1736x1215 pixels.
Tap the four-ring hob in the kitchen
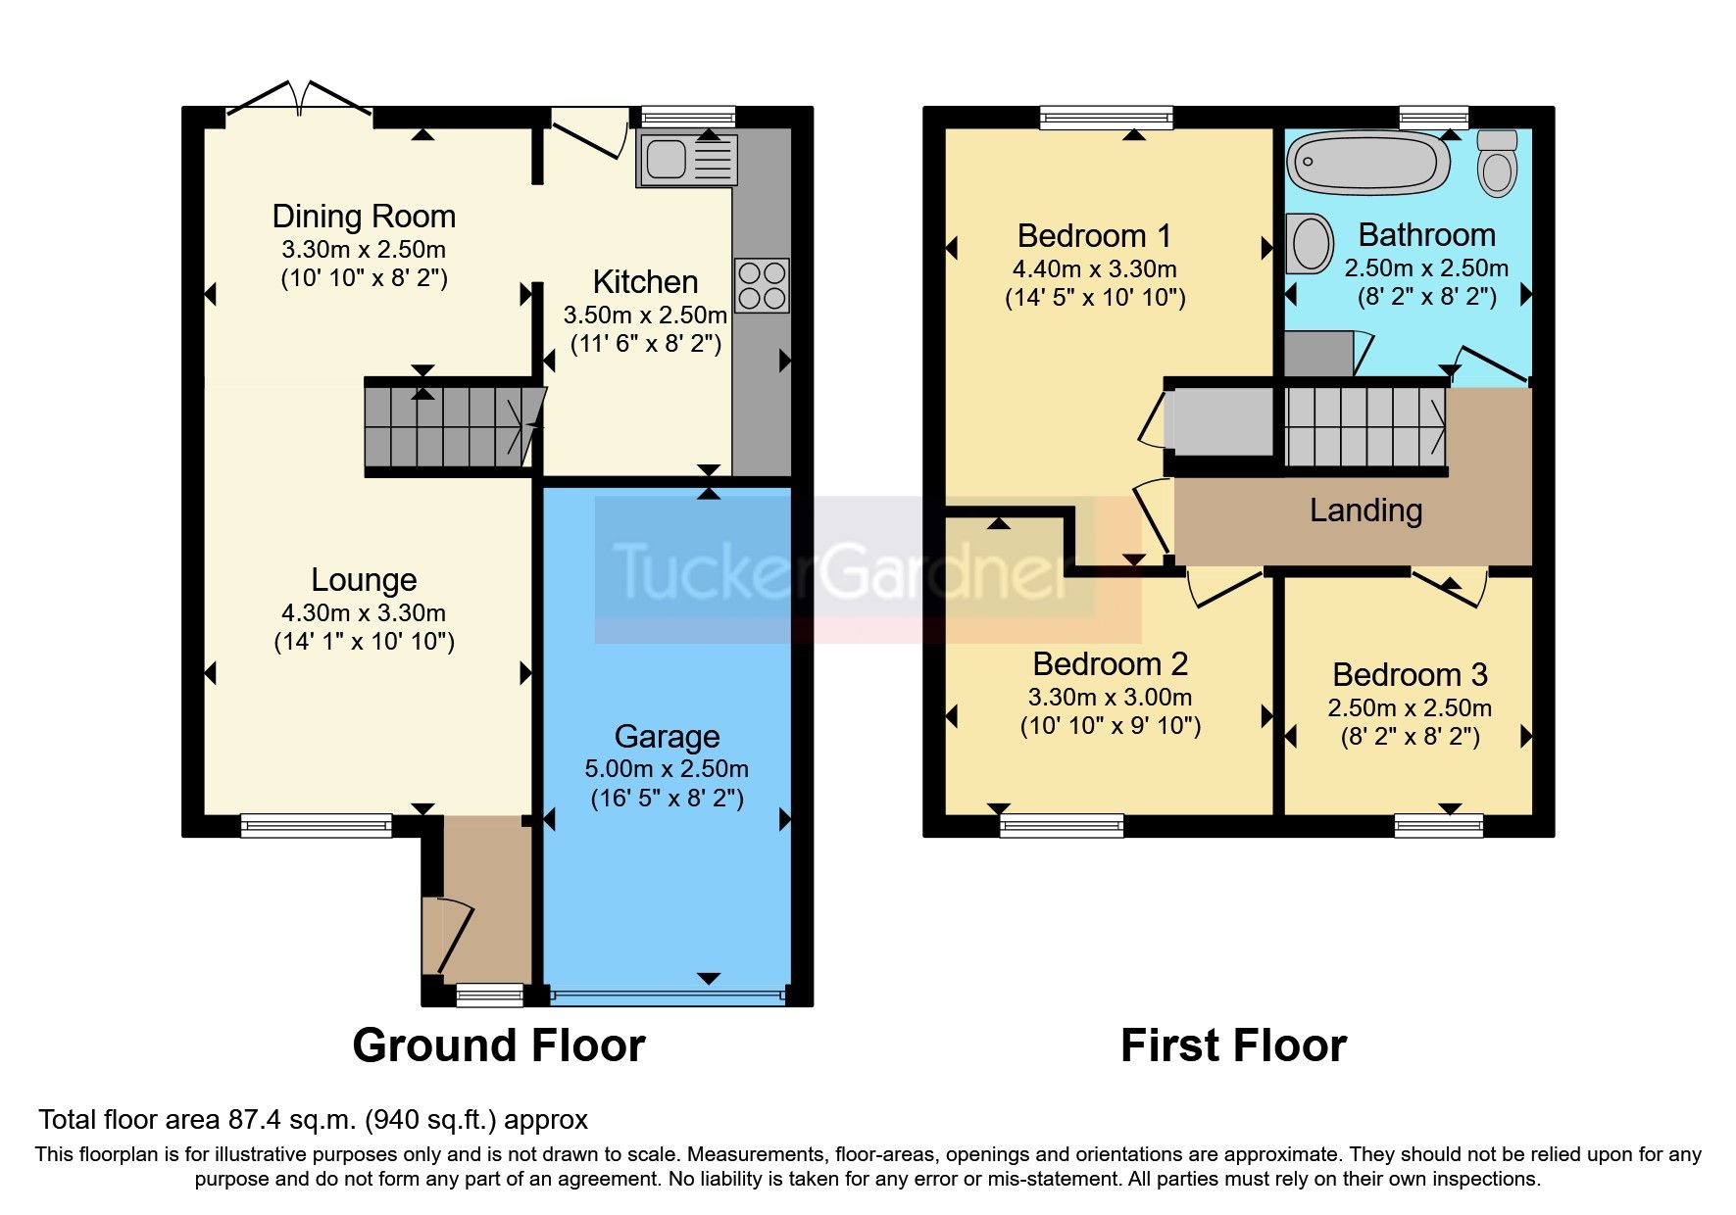coord(762,285)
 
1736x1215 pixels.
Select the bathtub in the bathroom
coord(1367,163)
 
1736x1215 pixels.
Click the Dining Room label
coord(364,217)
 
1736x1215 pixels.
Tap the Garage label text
coord(667,736)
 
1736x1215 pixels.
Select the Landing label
coord(1365,510)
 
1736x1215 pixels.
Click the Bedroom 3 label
coord(1410,675)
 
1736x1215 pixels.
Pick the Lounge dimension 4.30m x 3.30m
coord(364,613)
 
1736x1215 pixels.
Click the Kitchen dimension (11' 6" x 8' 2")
coord(646,344)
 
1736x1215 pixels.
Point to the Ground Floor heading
coord(498,1045)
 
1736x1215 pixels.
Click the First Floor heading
coord(1233,1045)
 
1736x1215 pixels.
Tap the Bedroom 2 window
coord(1062,826)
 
